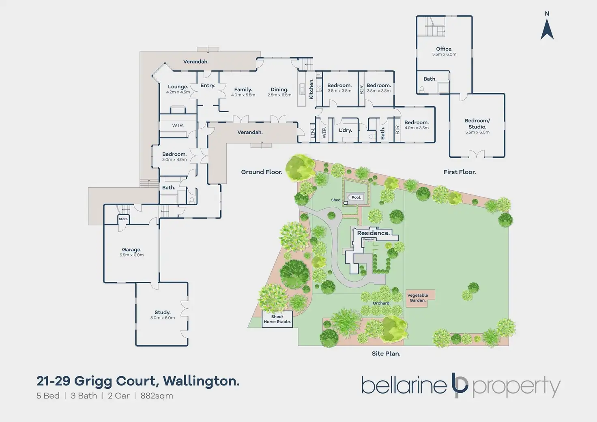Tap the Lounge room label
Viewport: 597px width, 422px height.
coord(178,87)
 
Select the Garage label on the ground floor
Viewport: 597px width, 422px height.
coord(131,250)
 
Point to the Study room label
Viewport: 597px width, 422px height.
coord(162,313)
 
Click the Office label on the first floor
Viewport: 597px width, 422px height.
coord(444,49)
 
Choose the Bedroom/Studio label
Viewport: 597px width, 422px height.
coord(477,124)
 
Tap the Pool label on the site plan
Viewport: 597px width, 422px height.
coord(356,197)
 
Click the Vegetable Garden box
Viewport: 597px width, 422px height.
coord(417,298)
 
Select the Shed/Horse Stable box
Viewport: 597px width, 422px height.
coord(277,319)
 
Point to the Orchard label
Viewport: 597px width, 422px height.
coord(381,303)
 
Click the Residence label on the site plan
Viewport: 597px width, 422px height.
coord(373,233)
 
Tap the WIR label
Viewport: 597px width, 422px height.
coord(178,126)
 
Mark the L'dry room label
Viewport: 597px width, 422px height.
coord(345,131)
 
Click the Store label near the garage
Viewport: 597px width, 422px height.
coord(123,219)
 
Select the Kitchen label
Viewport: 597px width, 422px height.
coord(311,89)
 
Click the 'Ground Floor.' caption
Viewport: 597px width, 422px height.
coord(262,172)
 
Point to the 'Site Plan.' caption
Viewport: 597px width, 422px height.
coord(386,353)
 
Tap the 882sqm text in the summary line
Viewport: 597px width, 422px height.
coord(157,396)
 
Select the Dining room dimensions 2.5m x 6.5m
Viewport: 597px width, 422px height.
coord(279,95)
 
